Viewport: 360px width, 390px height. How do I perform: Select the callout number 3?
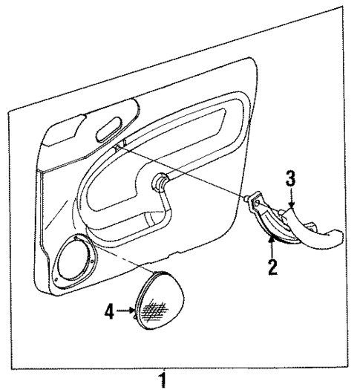(x=291, y=178)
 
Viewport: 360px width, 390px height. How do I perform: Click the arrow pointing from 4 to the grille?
(x=125, y=313)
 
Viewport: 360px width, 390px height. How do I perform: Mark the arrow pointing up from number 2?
(x=272, y=246)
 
